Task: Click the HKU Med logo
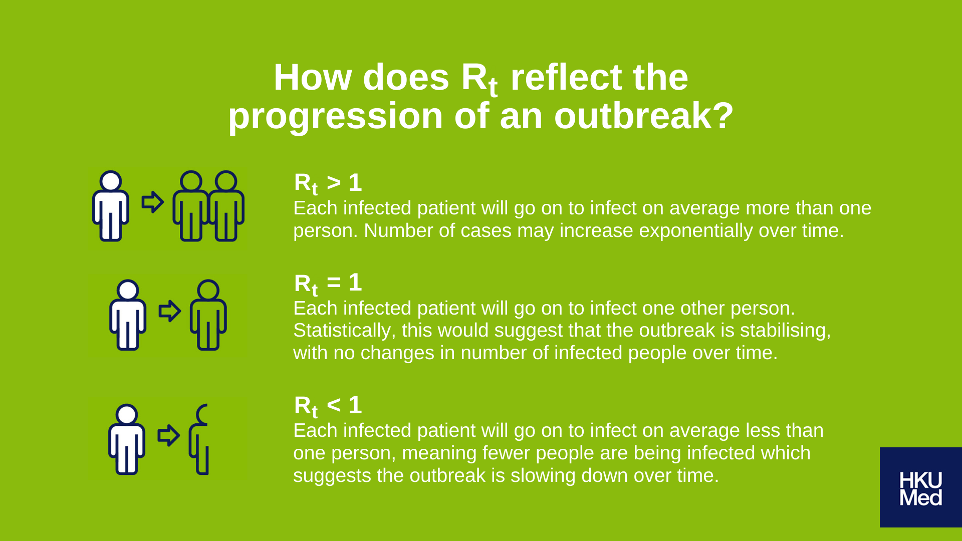click(920, 487)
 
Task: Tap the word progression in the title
click(336, 117)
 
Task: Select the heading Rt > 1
click(328, 183)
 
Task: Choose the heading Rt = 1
click(328, 284)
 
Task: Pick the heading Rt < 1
click(328, 406)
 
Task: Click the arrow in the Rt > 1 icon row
click(153, 202)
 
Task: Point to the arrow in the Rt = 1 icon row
click(170, 311)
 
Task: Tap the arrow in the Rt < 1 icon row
click(169, 435)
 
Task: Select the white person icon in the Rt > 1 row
click(111, 206)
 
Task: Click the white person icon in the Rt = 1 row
click(128, 315)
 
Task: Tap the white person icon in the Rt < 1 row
click(127, 439)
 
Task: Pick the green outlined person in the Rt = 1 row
click(208, 315)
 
